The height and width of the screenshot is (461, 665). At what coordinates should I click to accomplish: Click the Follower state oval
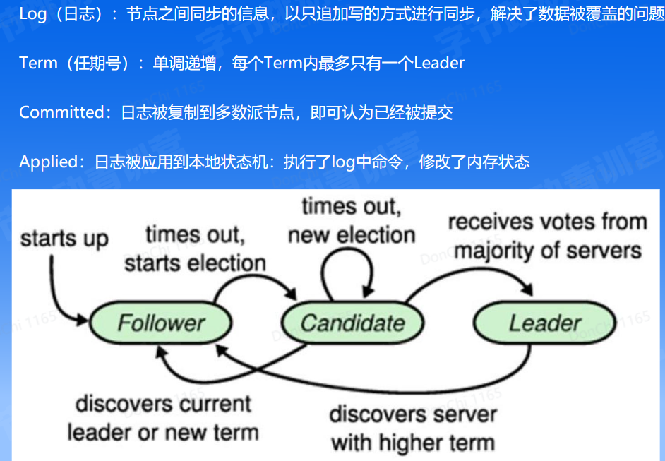[160, 323]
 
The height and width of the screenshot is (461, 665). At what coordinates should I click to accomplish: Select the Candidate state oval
[352, 323]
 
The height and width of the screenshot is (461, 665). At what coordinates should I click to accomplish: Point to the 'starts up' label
[64, 239]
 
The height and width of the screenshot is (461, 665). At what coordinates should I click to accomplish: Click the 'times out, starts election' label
[195, 248]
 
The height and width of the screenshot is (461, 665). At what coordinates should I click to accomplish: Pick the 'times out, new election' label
[351, 220]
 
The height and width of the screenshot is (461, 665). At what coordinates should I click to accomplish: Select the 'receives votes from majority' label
[547, 236]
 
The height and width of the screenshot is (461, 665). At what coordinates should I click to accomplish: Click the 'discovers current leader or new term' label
[163, 417]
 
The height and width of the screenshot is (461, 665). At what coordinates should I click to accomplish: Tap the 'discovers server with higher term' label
[412, 429]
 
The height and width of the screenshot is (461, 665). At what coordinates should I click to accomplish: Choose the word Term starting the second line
[38, 63]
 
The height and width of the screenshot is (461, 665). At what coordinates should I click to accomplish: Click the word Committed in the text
[61, 112]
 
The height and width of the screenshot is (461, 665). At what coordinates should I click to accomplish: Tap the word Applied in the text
[47, 162]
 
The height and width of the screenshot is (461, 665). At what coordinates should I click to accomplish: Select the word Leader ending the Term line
[439, 63]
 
